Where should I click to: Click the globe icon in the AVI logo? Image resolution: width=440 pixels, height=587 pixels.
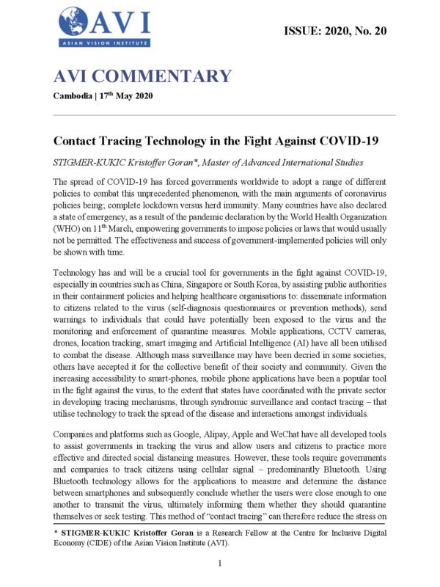coord(73,21)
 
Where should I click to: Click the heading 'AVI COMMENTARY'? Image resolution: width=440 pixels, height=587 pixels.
coord(142,76)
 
